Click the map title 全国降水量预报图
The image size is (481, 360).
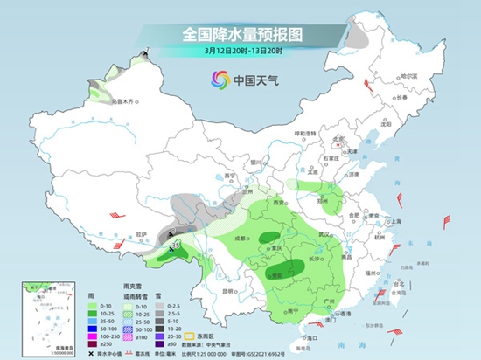tap(240, 34)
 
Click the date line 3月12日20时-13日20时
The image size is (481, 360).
tap(240, 52)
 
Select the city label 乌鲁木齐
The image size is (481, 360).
tap(123, 101)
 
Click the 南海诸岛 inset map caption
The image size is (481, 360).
tap(38, 273)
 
